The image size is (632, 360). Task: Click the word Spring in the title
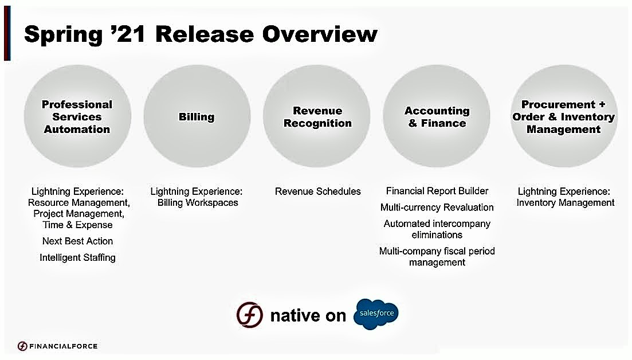pyautogui.click(x=63, y=35)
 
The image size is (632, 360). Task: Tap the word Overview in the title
pyautogui.click(x=320, y=34)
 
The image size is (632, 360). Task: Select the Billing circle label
pyautogui.click(x=197, y=117)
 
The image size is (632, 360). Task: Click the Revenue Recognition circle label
pyautogui.click(x=317, y=117)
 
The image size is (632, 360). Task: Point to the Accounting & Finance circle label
pyautogui.click(x=437, y=117)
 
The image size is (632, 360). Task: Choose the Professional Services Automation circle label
pyautogui.click(x=77, y=117)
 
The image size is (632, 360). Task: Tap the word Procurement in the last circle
pyautogui.click(x=558, y=104)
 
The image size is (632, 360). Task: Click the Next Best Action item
pyautogui.click(x=77, y=241)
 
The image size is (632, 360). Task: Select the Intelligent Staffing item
pyautogui.click(x=77, y=257)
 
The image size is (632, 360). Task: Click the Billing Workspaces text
pyautogui.click(x=198, y=203)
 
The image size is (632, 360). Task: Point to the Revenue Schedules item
pyautogui.click(x=317, y=191)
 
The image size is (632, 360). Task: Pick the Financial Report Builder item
pyautogui.click(x=437, y=191)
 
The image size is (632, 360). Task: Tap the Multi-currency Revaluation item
pyautogui.click(x=437, y=208)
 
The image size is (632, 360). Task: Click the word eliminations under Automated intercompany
pyautogui.click(x=437, y=235)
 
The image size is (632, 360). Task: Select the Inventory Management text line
pyautogui.click(x=566, y=203)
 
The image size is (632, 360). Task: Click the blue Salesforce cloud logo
pyautogui.click(x=376, y=314)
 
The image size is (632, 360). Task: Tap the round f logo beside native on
pyautogui.click(x=249, y=315)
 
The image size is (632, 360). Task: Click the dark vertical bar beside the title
pyautogui.click(x=7, y=33)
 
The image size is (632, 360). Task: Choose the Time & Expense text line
pyautogui.click(x=77, y=225)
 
